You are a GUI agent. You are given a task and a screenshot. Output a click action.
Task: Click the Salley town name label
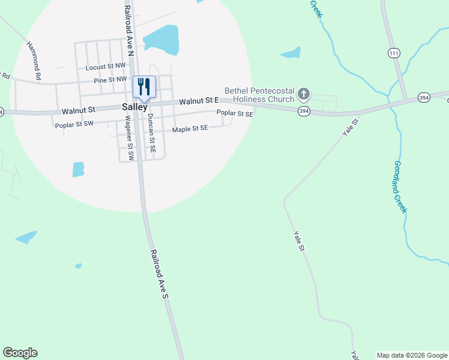(x=134, y=107)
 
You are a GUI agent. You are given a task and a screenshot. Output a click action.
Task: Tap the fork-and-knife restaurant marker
(x=144, y=86)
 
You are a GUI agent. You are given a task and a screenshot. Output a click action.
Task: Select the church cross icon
(x=304, y=94)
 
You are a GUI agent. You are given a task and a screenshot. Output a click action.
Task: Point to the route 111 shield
(x=394, y=53)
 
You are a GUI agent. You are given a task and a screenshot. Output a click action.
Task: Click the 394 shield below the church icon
(x=304, y=111)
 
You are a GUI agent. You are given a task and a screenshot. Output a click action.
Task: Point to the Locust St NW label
(x=106, y=68)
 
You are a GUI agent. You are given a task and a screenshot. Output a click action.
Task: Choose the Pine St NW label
(x=110, y=79)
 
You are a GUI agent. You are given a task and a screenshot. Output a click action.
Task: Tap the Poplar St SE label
(x=235, y=112)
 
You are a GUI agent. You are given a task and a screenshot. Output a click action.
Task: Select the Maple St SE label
(x=190, y=128)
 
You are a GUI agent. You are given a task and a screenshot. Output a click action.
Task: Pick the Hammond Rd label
(x=34, y=61)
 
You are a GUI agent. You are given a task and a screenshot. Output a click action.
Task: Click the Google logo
(x=20, y=353)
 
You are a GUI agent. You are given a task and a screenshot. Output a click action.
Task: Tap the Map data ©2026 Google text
(x=412, y=355)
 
